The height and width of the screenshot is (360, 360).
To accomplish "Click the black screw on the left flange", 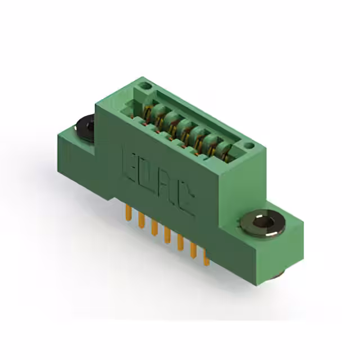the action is [85, 128].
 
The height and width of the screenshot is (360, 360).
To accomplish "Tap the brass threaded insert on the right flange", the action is [263, 223].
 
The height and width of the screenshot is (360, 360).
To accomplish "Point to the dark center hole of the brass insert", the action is [263, 223].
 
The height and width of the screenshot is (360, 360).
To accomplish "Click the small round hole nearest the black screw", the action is [145, 86].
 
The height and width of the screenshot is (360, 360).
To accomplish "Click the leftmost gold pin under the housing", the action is [128, 213].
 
